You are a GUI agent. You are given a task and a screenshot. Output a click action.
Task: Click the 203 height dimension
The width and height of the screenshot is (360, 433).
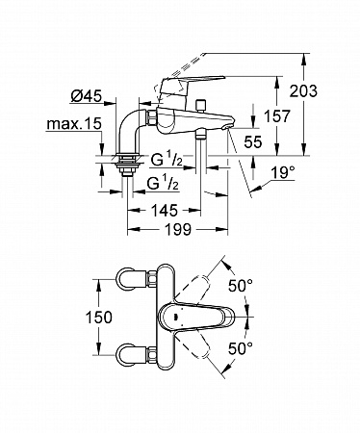[x=303, y=91]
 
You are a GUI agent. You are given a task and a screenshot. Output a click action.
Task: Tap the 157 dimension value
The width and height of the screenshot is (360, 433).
[x=276, y=116]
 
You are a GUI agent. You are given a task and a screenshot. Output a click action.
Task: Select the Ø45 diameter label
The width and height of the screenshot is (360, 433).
[x=86, y=96]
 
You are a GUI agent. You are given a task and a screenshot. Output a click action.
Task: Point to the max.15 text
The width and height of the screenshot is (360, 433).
[x=74, y=124]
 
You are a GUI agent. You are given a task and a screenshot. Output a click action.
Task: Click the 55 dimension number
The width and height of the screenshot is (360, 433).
[x=253, y=141]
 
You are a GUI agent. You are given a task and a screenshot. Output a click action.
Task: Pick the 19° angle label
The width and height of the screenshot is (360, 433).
[x=282, y=173]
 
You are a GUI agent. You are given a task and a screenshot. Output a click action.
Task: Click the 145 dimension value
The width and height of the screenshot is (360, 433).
[x=164, y=211]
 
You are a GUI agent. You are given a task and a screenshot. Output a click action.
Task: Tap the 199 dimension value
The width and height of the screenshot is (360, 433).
[x=178, y=229]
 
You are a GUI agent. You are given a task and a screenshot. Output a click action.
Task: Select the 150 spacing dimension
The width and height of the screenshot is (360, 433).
[x=99, y=318]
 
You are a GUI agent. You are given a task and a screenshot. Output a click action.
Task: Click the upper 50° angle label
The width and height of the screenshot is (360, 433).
[x=241, y=286]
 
